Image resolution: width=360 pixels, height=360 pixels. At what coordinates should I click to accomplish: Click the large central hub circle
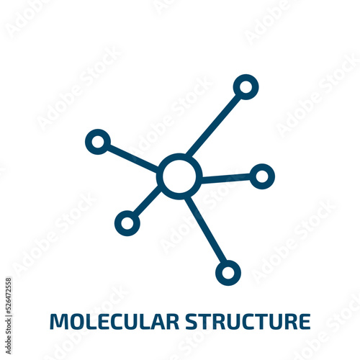179,156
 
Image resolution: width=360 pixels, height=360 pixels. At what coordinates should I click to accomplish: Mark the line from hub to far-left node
132,158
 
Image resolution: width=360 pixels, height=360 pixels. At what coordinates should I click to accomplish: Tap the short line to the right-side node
225,179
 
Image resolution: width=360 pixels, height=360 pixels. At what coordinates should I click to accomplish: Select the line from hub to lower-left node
146,200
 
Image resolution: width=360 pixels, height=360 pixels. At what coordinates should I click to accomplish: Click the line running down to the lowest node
206,229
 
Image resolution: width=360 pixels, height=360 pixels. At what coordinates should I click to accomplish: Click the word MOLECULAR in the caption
114,321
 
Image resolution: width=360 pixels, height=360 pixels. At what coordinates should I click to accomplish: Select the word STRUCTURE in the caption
248,321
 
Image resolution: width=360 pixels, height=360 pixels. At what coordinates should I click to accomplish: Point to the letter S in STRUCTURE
191,321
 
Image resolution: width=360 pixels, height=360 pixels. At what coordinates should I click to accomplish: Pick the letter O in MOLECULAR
77,321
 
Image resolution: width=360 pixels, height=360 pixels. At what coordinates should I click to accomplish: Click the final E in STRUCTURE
305,321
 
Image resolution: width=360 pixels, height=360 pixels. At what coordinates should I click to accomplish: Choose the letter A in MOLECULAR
156,321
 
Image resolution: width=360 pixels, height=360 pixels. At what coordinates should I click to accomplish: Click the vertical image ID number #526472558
8,297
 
